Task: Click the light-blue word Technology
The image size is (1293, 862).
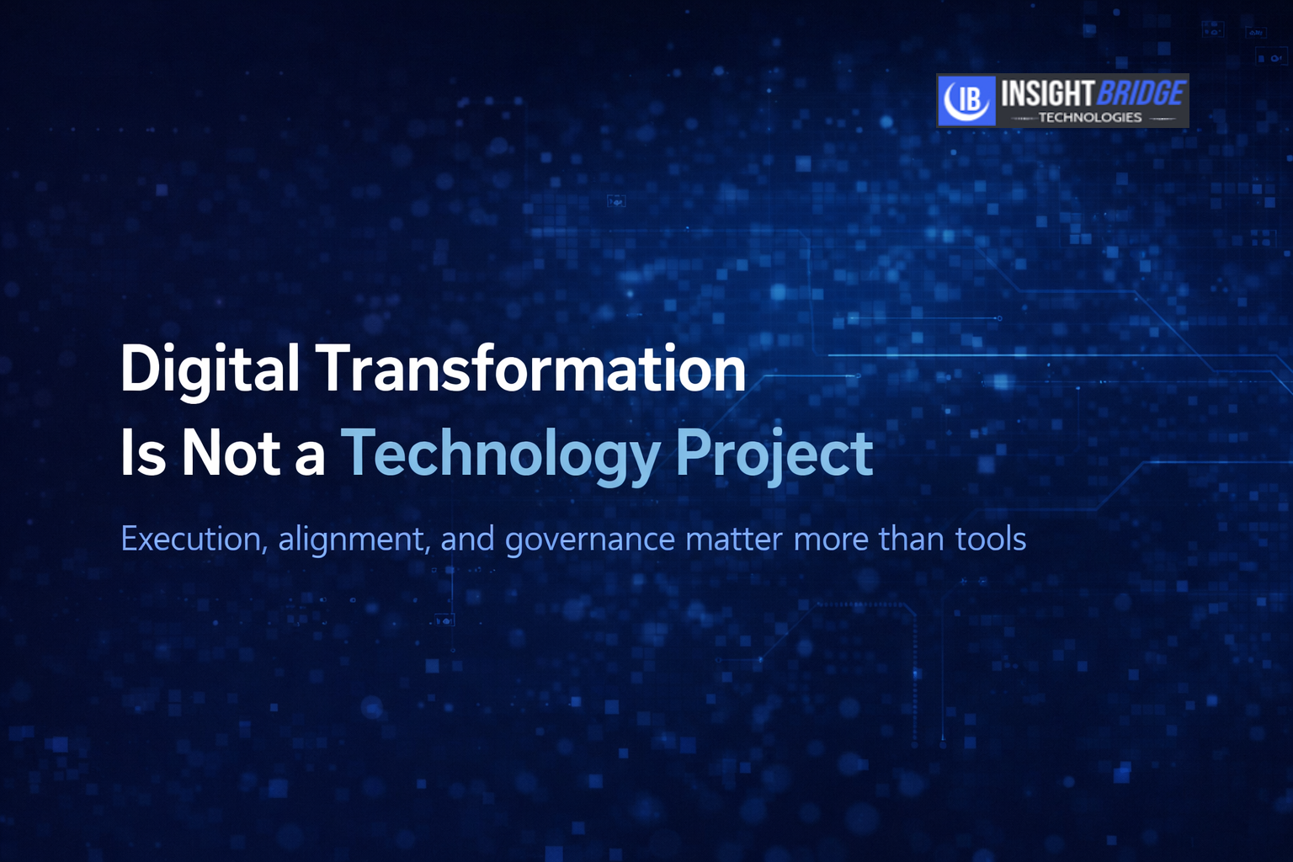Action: [x=501, y=457]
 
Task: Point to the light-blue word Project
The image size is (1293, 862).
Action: [x=774, y=457]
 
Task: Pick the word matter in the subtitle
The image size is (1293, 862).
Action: [x=734, y=540]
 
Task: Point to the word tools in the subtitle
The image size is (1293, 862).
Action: [x=991, y=538]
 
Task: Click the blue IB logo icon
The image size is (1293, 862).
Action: [x=966, y=100]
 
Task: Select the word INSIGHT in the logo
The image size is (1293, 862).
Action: [x=1046, y=93]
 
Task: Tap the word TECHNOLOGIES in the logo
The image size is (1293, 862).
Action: [x=1090, y=118]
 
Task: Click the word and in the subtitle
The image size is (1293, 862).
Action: [x=467, y=538]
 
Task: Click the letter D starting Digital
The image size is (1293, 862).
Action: [x=140, y=369]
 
